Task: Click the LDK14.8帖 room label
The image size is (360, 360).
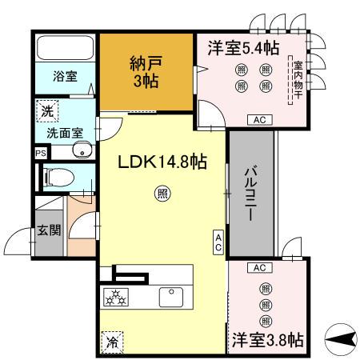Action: tap(163, 162)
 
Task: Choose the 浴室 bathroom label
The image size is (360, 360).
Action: tap(65, 77)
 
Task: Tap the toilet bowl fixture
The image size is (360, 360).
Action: tap(58, 178)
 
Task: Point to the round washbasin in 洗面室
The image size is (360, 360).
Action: tap(78, 150)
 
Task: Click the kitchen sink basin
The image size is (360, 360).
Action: tap(171, 297)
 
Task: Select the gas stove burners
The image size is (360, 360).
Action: tap(118, 297)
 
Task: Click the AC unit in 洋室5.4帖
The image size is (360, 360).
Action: tap(258, 120)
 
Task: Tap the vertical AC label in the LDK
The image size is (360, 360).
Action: tap(218, 242)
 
